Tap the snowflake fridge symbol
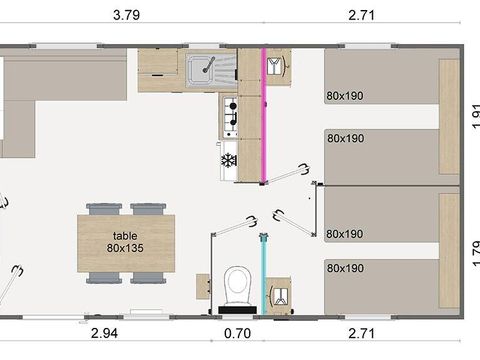tap(227, 161)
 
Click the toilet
tap(238, 285)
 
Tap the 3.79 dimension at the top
tap(126, 15)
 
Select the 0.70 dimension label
tap(237, 334)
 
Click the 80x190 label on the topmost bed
tap(344, 96)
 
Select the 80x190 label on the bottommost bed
tap(344, 268)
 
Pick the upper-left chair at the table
tap(105, 210)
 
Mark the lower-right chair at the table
tap(146, 277)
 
